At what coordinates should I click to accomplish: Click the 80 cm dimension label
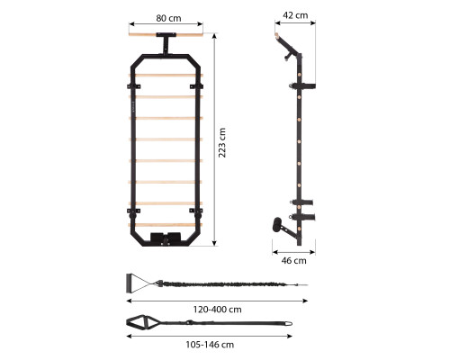coord(168,18)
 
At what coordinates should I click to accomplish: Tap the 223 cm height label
coord(222,142)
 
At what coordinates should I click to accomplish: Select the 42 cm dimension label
coord(295,15)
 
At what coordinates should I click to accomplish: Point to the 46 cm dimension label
coord(294,261)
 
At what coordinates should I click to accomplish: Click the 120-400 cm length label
coord(217,310)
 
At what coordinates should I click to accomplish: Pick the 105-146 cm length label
coord(210,345)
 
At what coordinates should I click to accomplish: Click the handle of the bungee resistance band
coord(130,283)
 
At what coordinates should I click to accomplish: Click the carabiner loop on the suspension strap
coord(288,323)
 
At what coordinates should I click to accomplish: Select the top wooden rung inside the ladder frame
coord(166,76)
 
